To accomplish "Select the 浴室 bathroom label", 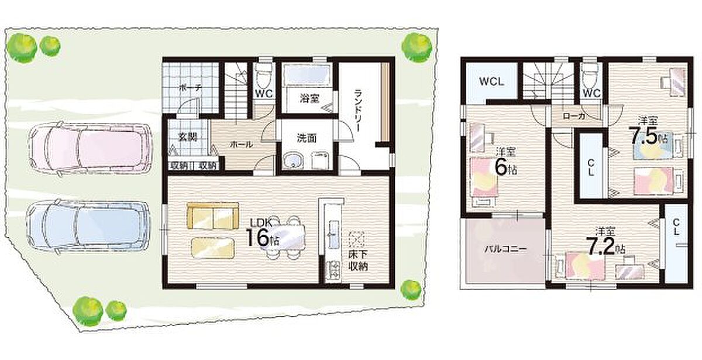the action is (x=309, y=99).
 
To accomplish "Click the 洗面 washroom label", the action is (x=307, y=138).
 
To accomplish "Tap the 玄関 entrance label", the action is (x=188, y=137).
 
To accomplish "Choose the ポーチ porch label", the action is (x=190, y=88).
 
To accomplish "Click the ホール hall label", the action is (x=241, y=145).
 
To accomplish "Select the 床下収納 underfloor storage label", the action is (x=358, y=261).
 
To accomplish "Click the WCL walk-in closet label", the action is (x=491, y=82).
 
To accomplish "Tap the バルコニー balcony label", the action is (x=505, y=249).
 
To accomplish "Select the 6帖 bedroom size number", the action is (x=505, y=168).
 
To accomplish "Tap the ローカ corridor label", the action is (x=574, y=116).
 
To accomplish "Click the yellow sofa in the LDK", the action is (x=213, y=216).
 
